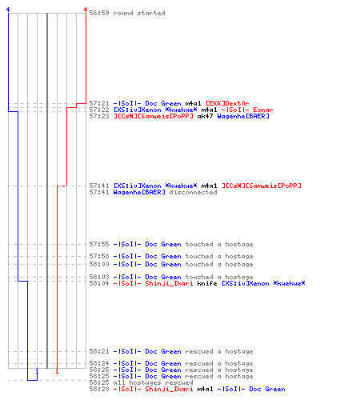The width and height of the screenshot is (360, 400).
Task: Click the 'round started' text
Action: (139, 13)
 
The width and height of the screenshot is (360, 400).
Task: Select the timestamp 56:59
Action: (99, 13)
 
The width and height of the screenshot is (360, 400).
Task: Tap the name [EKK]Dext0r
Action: (227, 103)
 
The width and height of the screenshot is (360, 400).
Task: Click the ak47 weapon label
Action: (205, 116)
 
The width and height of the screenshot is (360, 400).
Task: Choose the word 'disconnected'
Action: (193, 192)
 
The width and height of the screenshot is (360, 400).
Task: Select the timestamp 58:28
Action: (99, 389)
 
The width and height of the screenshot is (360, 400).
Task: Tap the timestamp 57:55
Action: (99, 244)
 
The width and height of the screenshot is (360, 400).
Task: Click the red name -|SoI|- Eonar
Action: (247, 110)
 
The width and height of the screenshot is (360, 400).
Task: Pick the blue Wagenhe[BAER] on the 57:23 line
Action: (243, 116)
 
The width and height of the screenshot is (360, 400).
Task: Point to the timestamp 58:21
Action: (99, 351)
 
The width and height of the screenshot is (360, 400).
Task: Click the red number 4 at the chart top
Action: (86, 10)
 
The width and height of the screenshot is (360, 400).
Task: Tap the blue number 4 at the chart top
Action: (8, 10)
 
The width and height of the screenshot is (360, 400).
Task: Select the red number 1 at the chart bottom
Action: (57, 371)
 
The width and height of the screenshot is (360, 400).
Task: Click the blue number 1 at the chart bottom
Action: (37, 371)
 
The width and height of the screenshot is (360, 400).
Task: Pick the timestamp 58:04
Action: (99, 283)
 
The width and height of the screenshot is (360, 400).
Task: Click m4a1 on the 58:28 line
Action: (205, 389)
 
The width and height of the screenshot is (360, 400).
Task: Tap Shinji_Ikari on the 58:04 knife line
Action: (169, 283)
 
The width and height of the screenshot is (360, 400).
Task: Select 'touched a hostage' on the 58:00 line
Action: (219, 264)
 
